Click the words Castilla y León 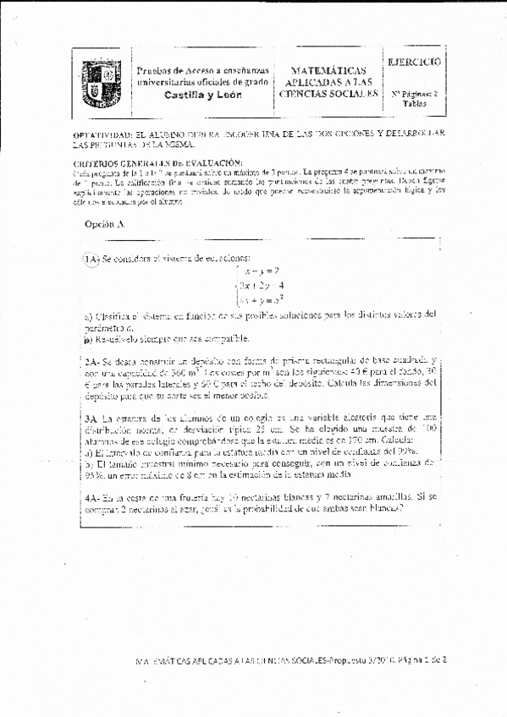pos(203,95)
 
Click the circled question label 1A pos(91,259)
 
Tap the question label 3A pos(92,418)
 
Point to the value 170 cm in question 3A pos(364,441)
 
